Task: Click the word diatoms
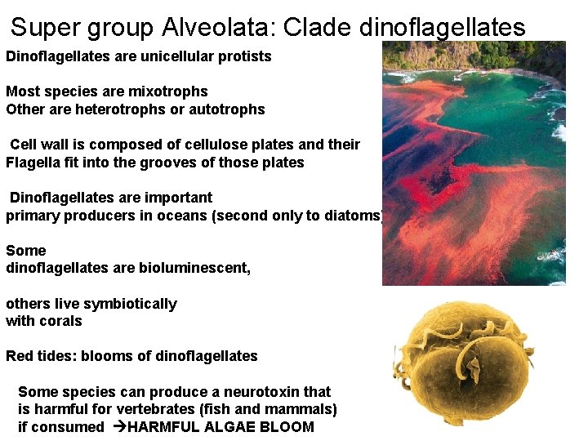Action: coord(356,216)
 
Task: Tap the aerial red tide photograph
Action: coord(474,163)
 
